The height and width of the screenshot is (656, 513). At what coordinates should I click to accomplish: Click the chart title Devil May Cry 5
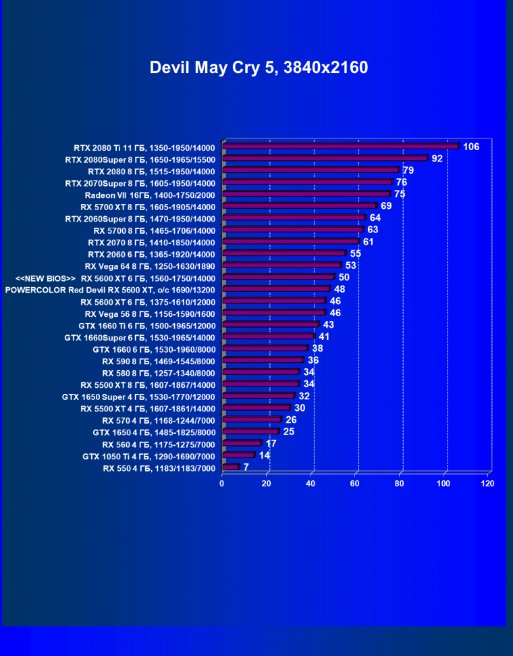tap(259, 68)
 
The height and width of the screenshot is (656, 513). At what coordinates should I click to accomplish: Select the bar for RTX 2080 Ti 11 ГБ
tap(340, 146)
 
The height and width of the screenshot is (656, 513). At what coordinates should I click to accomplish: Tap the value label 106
tap(471, 147)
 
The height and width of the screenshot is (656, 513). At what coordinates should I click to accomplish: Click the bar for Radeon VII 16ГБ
tap(306, 194)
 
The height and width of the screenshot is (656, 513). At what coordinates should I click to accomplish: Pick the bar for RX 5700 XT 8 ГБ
tap(299, 205)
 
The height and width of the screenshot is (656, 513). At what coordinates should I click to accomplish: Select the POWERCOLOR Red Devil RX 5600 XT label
tap(110, 289)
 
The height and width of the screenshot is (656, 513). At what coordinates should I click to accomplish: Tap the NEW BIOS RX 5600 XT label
tap(115, 278)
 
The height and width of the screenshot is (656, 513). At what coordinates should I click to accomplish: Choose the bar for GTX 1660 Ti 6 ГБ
tap(270, 325)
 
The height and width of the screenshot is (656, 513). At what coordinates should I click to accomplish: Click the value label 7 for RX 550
tap(246, 467)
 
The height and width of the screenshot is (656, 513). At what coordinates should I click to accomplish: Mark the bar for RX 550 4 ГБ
tap(230, 467)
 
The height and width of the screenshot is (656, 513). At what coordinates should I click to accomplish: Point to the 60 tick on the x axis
tap(355, 484)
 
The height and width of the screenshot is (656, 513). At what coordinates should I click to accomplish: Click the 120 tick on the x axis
tap(488, 484)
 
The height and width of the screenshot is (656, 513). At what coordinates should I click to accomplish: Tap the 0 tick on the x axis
tap(222, 484)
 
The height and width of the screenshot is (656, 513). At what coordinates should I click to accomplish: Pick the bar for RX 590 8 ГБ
tap(263, 360)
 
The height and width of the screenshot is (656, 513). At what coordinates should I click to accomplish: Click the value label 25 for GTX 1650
tap(289, 431)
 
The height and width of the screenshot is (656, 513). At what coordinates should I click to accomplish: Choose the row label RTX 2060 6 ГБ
tap(151, 253)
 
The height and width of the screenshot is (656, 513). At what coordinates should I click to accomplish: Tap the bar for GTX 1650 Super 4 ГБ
tap(258, 396)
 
